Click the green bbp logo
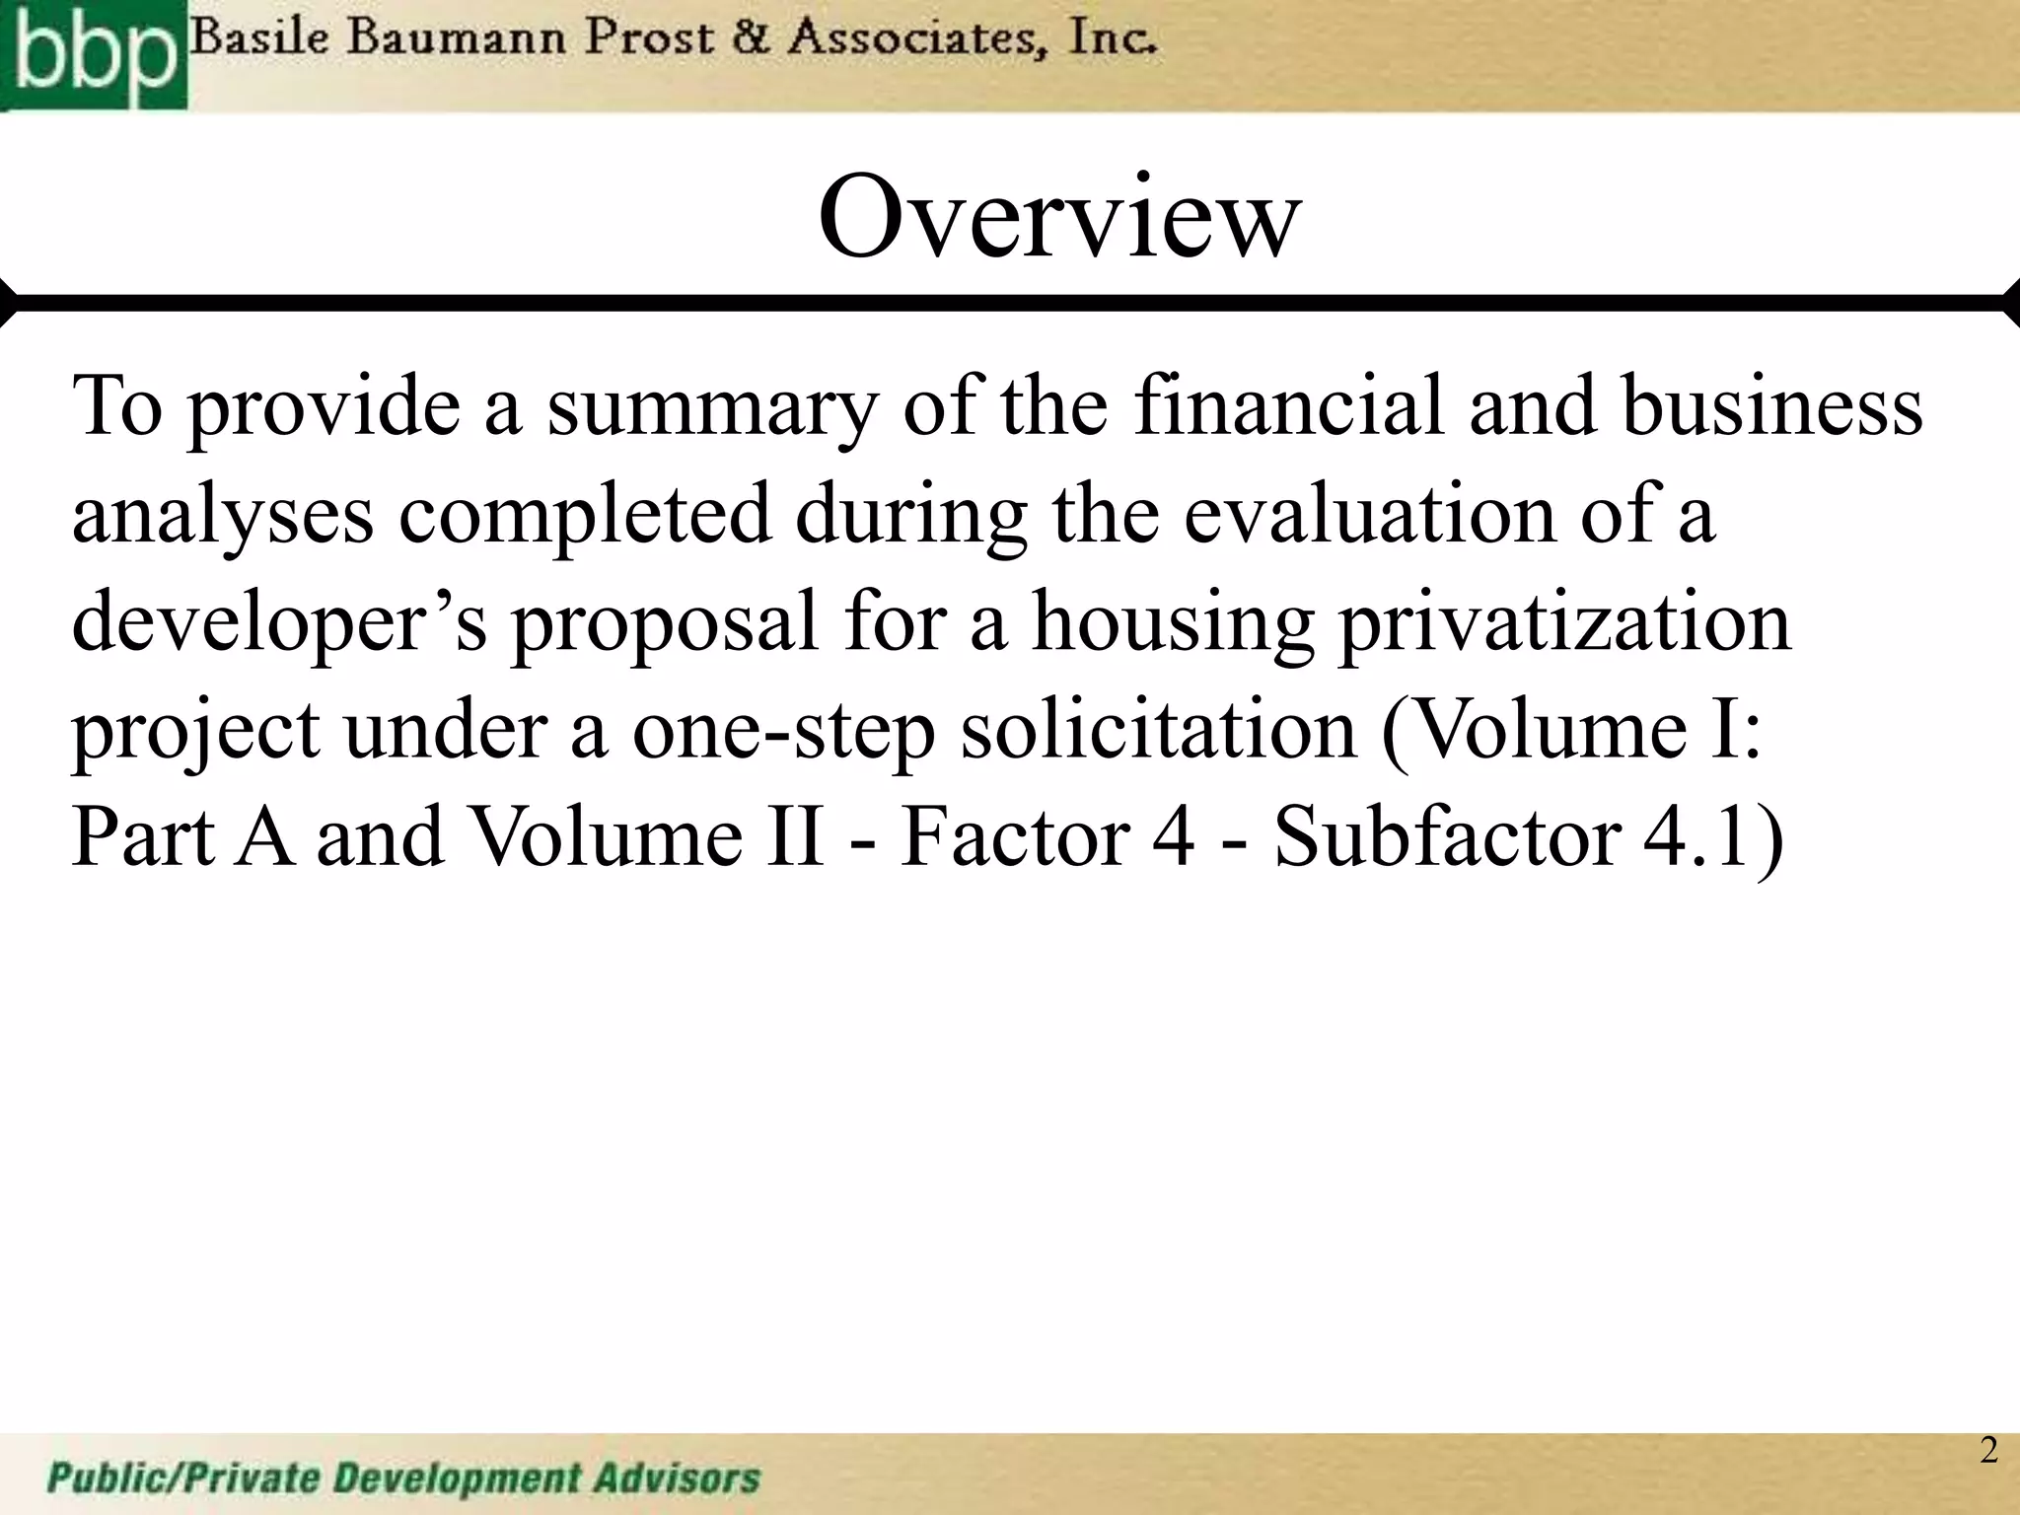tap(93, 54)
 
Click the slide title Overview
tap(1059, 217)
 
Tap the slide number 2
tap(1988, 1449)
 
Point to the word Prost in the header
tap(648, 39)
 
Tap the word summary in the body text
tap(710, 407)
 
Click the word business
tap(1771, 405)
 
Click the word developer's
tap(279, 624)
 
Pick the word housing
tap(1172, 624)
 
